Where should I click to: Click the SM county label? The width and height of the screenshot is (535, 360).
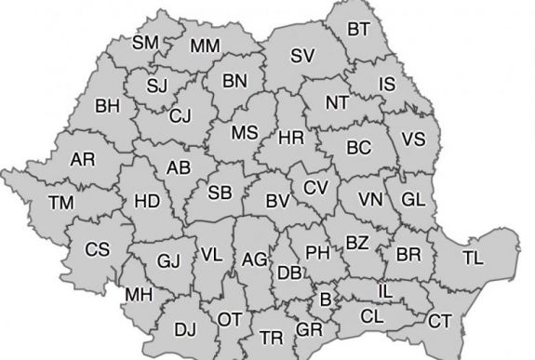pyautogui.click(x=145, y=42)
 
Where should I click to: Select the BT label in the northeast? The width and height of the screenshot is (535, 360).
pyautogui.click(x=358, y=30)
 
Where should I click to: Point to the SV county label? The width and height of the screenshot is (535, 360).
pyautogui.click(x=302, y=56)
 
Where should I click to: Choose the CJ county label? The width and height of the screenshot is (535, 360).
pyautogui.click(x=181, y=116)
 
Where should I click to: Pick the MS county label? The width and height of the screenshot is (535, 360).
pyautogui.click(x=245, y=133)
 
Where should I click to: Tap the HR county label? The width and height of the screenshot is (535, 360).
pyautogui.click(x=291, y=138)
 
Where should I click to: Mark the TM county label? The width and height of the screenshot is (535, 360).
pyautogui.click(x=61, y=202)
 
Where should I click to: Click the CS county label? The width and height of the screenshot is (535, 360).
pyautogui.click(x=97, y=248)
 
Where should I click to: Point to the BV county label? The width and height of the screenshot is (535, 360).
pyautogui.click(x=277, y=200)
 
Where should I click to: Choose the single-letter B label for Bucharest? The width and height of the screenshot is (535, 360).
pyautogui.click(x=325, y=300)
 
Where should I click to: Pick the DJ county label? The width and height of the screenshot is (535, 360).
pyautogui.click(x=185, y=328)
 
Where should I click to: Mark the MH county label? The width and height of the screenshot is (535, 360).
pyautogui.click(x=138, y=295)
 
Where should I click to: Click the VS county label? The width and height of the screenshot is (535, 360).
pyautogui.click(x=414, y=140)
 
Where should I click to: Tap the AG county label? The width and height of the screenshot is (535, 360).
pyautogui.click(x=253, y=260)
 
